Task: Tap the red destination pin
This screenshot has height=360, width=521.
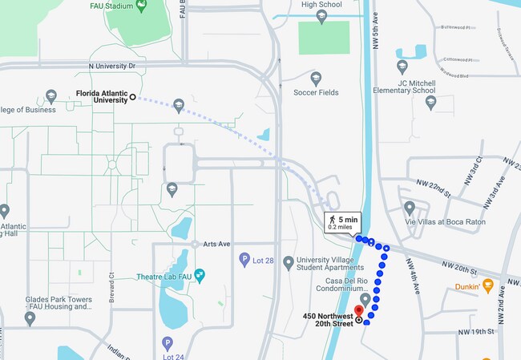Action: pos(358,311)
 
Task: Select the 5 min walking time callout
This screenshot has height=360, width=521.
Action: pos(342,222)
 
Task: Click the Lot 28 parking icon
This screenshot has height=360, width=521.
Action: pos(244,260)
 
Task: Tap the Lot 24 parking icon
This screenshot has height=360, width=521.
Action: pos(168,342)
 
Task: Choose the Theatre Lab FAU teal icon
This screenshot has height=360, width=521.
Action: pos(200,276)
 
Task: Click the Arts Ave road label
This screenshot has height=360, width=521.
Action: pos(216,244)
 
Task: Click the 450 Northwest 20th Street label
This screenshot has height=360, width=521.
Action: pos(328,320)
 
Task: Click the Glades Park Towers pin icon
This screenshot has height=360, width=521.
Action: pos(30,318)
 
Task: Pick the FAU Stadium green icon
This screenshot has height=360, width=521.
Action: pos(141,6)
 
